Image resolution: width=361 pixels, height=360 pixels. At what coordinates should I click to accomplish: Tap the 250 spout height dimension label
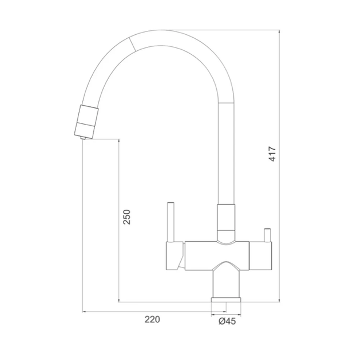126,217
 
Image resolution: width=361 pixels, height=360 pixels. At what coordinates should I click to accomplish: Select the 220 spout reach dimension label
152,319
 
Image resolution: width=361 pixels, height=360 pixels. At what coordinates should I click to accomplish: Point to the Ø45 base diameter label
227,321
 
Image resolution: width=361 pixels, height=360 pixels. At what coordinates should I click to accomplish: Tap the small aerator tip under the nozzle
83,138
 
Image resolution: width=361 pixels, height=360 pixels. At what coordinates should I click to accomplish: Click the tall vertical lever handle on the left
170,222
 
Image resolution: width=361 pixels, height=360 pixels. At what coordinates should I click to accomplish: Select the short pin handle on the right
267,235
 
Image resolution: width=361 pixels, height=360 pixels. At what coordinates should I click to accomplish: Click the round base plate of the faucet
226,299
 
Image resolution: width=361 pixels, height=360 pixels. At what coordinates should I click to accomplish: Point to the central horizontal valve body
217,255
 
